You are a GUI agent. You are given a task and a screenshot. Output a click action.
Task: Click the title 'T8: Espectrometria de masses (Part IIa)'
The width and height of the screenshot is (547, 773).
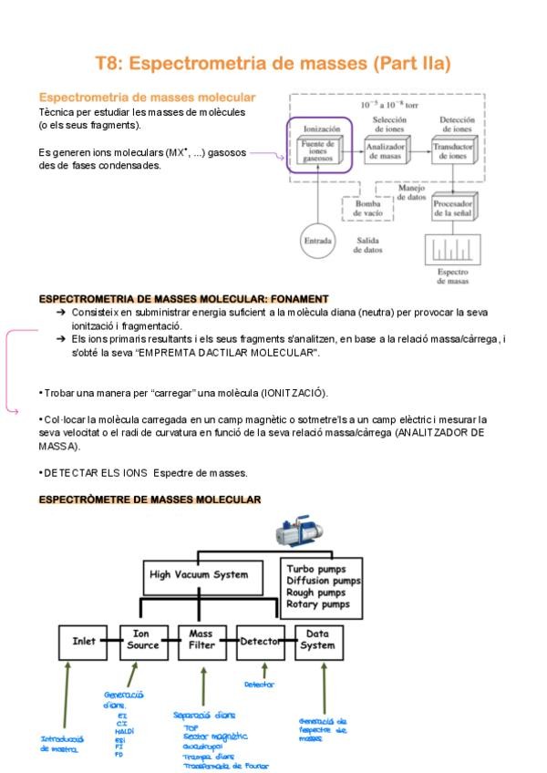click(273, 63)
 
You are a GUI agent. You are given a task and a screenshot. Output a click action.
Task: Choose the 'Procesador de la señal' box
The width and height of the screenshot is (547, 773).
click(455, 209)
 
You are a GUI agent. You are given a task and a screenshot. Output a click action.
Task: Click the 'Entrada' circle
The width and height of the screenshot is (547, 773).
click(317, 242)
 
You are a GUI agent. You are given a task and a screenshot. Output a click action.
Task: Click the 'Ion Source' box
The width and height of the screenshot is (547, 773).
click(146, 641)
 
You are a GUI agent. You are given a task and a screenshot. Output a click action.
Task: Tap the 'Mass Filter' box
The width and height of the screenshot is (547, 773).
click(203, 641)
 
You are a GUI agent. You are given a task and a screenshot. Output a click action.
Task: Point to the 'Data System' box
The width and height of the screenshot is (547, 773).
click(318, 641)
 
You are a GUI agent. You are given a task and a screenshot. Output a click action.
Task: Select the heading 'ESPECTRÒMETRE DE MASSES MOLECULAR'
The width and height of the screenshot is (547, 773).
click(150, 500)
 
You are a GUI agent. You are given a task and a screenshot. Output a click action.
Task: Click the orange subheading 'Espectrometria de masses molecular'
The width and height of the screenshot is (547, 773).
click(147, 98)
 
